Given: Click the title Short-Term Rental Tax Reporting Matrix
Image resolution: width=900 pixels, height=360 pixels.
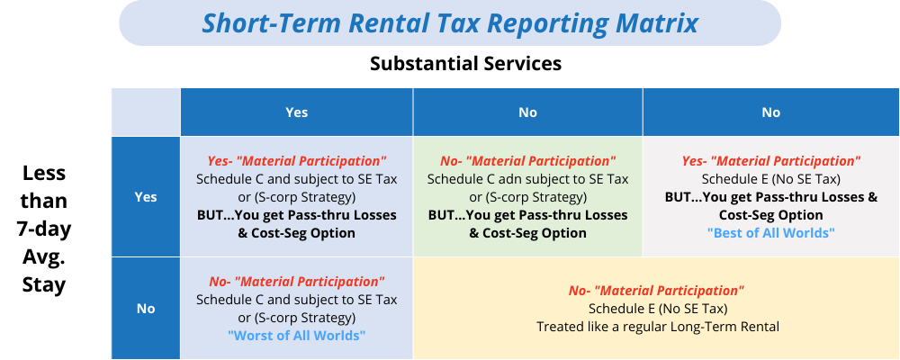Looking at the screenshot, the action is [450, 23].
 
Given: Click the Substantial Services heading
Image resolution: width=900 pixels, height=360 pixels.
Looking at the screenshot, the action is [465, 63].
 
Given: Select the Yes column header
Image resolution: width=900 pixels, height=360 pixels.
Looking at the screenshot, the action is [297, 112].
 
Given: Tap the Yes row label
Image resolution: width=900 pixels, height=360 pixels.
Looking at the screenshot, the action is [146, 197].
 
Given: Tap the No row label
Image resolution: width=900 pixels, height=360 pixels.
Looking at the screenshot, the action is [146, 309].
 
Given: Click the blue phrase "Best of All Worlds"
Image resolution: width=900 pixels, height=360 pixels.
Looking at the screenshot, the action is [771, 233].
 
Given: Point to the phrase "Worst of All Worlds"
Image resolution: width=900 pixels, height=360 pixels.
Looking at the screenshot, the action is [297, 336].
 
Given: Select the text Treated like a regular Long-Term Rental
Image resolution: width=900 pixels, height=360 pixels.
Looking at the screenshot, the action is [658, 327].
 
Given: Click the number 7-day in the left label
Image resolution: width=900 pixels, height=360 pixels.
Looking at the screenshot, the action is [43, 229].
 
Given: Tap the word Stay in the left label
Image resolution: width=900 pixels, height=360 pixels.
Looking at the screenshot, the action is [43, 284].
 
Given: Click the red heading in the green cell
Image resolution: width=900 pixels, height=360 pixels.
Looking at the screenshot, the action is [528, 161].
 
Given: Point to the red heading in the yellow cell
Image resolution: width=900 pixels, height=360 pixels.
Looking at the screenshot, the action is [657, 291].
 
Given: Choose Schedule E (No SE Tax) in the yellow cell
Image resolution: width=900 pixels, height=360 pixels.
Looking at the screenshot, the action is [658, 309].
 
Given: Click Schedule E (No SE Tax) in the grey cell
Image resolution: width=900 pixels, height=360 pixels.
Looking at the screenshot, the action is [771, 179].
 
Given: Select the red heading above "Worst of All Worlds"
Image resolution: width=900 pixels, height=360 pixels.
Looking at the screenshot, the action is [297, 282].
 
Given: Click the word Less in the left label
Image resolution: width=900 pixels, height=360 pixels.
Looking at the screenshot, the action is [43, 173].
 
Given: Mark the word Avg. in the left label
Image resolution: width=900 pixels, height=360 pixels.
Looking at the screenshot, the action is [43, 257].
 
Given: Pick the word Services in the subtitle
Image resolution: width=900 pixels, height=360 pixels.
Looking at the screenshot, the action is [516, 63].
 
